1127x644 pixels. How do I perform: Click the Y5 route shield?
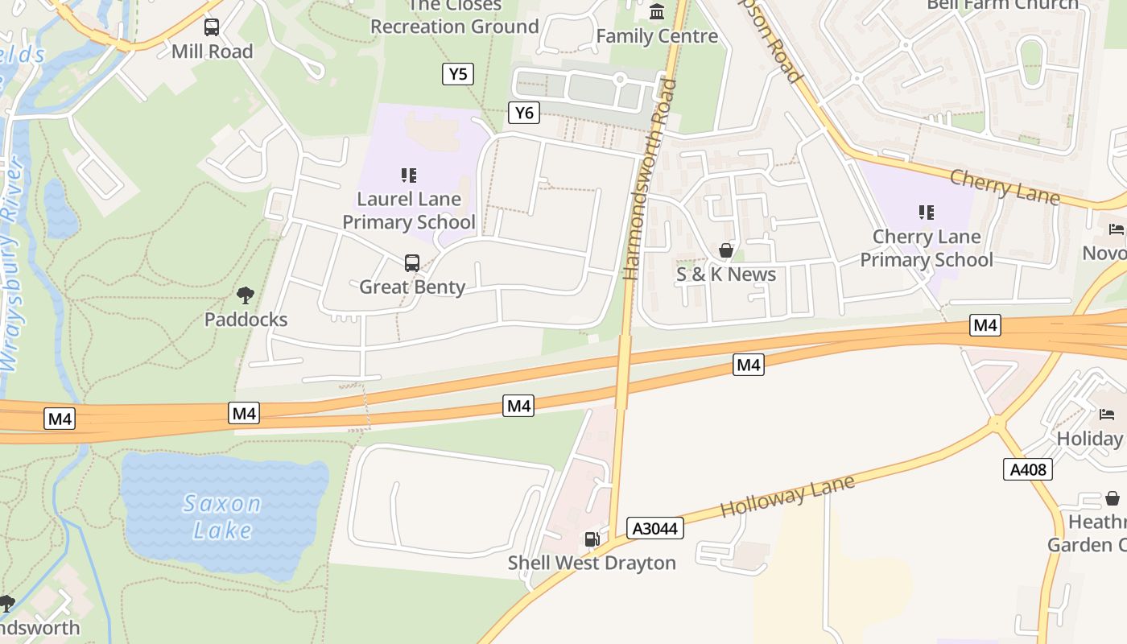(457, 74)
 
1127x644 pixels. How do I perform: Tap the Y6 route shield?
(523, 113)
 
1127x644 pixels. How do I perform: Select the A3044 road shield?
(655, 528)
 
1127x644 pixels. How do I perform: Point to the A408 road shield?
(1028, 469)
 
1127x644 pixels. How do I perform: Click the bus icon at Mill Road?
(212, 27)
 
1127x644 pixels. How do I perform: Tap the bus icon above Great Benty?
(411, 262)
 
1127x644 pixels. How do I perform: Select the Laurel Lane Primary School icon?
(409, 175)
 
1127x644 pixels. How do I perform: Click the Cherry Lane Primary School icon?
(927, 213)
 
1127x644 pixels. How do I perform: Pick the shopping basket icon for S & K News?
(725, 250)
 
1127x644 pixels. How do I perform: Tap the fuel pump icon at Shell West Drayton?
(592, 539)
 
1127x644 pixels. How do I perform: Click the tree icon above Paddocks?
(246, 295)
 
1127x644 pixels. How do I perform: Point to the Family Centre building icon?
(657, 12)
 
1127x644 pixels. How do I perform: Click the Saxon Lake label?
(222, 517)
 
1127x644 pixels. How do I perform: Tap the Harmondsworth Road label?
(648, 179)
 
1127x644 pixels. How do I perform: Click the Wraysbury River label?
(10, 266)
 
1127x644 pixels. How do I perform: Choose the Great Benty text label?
(412, 287)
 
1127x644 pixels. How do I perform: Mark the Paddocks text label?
(246, 319)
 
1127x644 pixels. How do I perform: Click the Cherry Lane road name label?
(1005, 187)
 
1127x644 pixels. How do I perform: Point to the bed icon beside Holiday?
(1107, 415)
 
